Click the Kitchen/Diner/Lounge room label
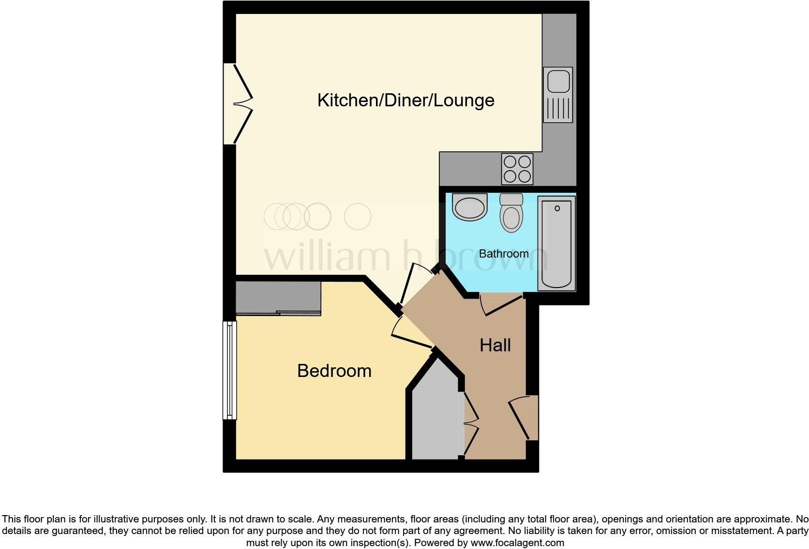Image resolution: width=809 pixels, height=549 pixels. click(x=405, y=101)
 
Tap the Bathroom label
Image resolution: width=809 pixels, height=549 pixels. click(x=504, y=254)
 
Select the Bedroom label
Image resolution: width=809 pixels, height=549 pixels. click(x=334, y=371)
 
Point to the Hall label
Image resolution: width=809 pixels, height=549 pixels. click(x=495, y=345)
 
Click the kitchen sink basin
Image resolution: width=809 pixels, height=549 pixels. click(x=558, y=80)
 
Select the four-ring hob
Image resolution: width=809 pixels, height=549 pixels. click(x=517, y=169)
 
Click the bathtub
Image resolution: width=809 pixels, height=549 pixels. click(x=556, y=244)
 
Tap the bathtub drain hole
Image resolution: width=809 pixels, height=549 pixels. click(x=557, y=208)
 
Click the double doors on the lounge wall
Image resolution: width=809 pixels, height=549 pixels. click(x=240, y=104)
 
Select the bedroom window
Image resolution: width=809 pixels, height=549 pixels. click(x=230, y=370)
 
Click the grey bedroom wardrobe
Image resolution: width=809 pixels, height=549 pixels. click(x=278, y=297)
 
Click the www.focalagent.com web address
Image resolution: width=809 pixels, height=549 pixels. click(x=517, y=543)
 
